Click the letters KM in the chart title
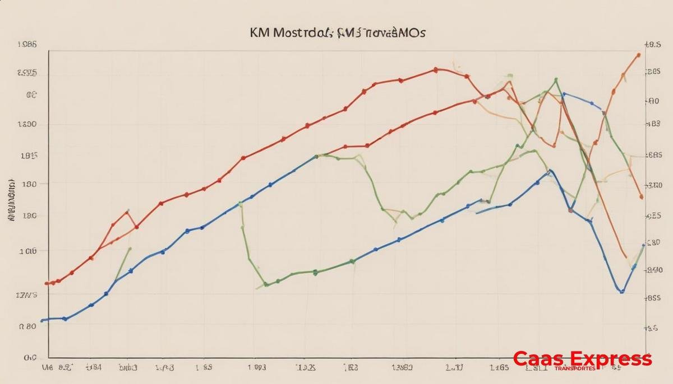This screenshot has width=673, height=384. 260,32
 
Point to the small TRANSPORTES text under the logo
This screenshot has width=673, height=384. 575,369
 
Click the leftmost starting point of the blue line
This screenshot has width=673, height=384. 42,321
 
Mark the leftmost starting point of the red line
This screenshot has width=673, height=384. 47,283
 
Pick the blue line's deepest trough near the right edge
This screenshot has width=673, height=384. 621,291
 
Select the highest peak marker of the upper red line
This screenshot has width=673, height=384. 436,70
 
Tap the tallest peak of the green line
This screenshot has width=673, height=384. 556,80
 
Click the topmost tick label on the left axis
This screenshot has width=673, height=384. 27,44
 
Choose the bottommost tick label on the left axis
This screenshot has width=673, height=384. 30,357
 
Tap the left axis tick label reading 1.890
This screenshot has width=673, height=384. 27,125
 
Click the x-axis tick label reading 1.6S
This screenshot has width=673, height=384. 499,368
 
